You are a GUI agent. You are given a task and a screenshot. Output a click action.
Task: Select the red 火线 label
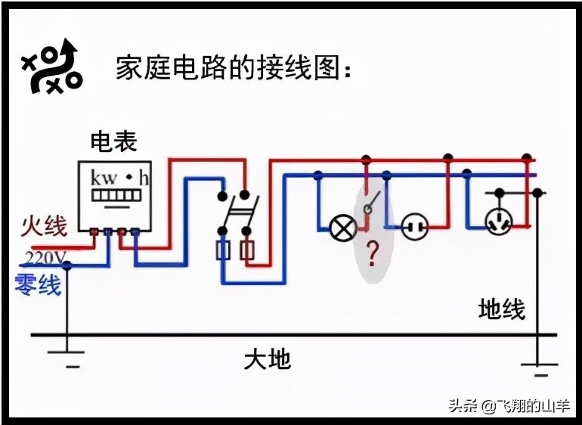(x=44, y=225)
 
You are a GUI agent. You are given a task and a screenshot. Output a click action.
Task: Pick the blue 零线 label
(x=38, y=285)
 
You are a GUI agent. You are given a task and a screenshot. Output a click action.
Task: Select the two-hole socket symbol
(x=414, y=226)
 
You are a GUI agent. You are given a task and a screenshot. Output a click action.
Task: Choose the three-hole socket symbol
(x=499, y=221)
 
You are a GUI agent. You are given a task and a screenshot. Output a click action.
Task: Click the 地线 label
(x=501, y=309)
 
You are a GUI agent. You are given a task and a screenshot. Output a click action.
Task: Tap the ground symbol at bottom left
(x=67, y=356)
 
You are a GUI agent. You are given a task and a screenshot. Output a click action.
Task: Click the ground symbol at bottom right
(x=538, y=368)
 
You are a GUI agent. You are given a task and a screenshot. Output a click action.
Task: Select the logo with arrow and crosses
(x=51, y=67)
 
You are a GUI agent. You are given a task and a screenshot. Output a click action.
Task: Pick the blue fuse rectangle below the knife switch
(x=223, y=251)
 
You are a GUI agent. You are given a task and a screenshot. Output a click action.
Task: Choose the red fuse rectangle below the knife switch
(x=247, y=251)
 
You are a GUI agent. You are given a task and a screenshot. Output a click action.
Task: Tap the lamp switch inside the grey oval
(x=370, y=204)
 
